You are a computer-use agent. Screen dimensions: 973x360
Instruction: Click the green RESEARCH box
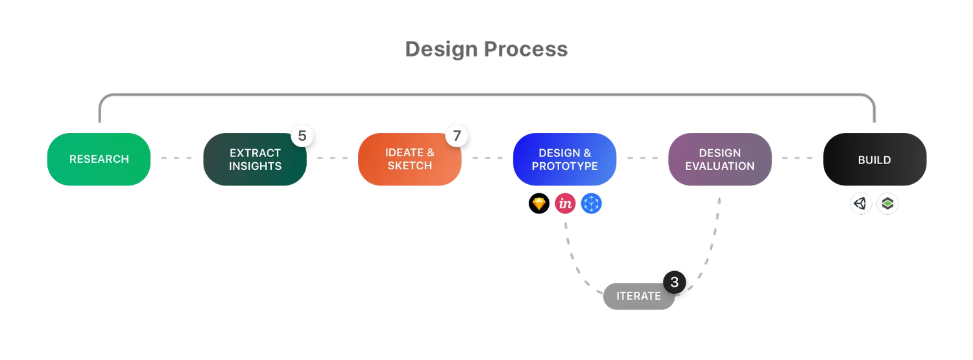(x=99, y=160)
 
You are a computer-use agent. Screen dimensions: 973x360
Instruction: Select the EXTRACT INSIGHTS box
(x=255, y=160)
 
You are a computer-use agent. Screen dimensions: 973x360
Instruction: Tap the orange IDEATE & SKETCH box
(x=409, y=160)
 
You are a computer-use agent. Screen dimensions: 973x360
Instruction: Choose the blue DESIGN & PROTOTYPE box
(x=565, y=160)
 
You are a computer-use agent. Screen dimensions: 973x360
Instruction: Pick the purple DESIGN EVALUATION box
(x=720, y=160)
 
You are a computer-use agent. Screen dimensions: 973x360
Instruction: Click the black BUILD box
(x=875, y=160)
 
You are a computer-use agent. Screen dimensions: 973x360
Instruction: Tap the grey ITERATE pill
(x=638, y=296)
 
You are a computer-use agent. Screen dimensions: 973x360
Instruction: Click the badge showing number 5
(x=302, y=136)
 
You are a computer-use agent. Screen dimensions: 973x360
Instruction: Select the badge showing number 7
(x=457, y=136)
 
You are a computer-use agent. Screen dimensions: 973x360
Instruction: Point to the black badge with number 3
(x=675, y=282)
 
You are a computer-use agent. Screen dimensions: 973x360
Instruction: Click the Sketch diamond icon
(x=539, y=203)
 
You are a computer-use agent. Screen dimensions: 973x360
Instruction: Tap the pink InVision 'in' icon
(x=565, y=203)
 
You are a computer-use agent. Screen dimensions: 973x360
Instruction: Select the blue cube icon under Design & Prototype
(x=591, y=203)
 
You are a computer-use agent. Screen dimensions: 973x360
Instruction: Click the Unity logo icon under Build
(x=861, y=203)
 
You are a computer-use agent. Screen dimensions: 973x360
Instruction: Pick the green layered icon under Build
(x=887, y=203)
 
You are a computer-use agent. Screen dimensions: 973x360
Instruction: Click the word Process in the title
(x=526, y=49)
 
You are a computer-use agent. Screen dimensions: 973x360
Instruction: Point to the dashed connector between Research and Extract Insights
(x=176, y=158)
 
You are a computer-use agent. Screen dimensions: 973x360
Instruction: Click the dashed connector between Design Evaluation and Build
(x=797, y=158)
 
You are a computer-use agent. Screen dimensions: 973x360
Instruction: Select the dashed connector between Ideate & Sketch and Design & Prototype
(x=487, y=158)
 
